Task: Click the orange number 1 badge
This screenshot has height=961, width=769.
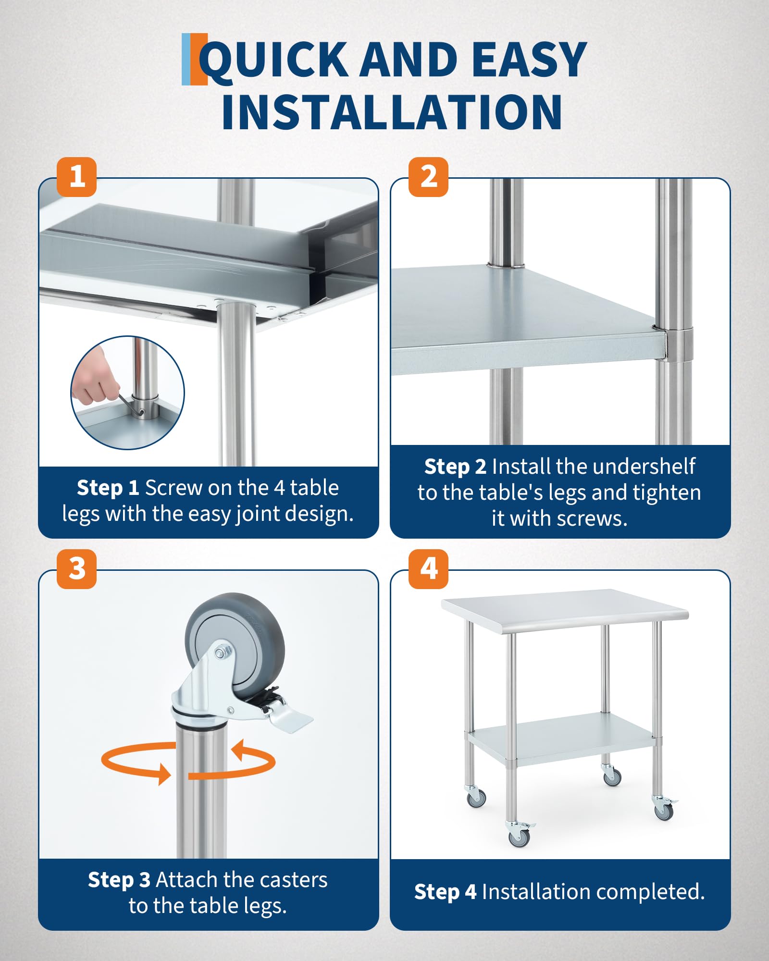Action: [x=76, y=176]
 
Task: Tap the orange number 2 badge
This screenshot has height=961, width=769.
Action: [x=428, y=176]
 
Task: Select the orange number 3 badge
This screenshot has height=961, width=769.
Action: [x=76, y=569]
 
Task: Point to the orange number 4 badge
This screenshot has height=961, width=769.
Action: [x=428, y=569]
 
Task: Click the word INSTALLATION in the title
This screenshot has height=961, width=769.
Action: [x=392, y=111]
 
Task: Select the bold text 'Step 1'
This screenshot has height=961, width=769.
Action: [x=108, y=487]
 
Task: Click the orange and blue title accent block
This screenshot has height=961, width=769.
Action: [x=194, y=59]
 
